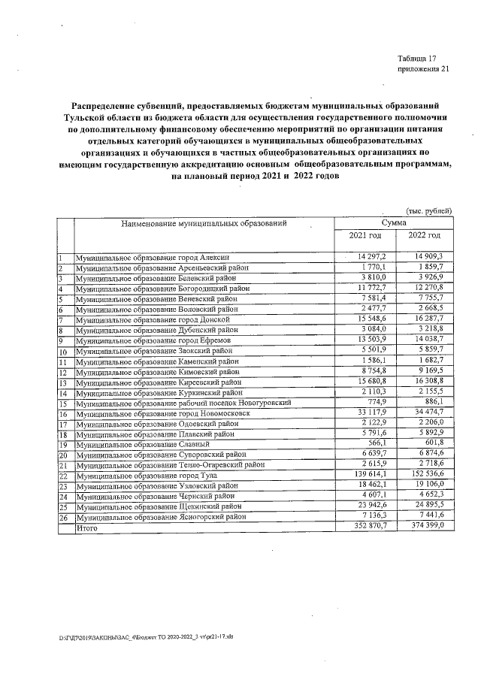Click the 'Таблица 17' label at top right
[420, 59]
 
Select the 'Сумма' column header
[394, 224]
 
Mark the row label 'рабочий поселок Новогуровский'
[183, 403]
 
